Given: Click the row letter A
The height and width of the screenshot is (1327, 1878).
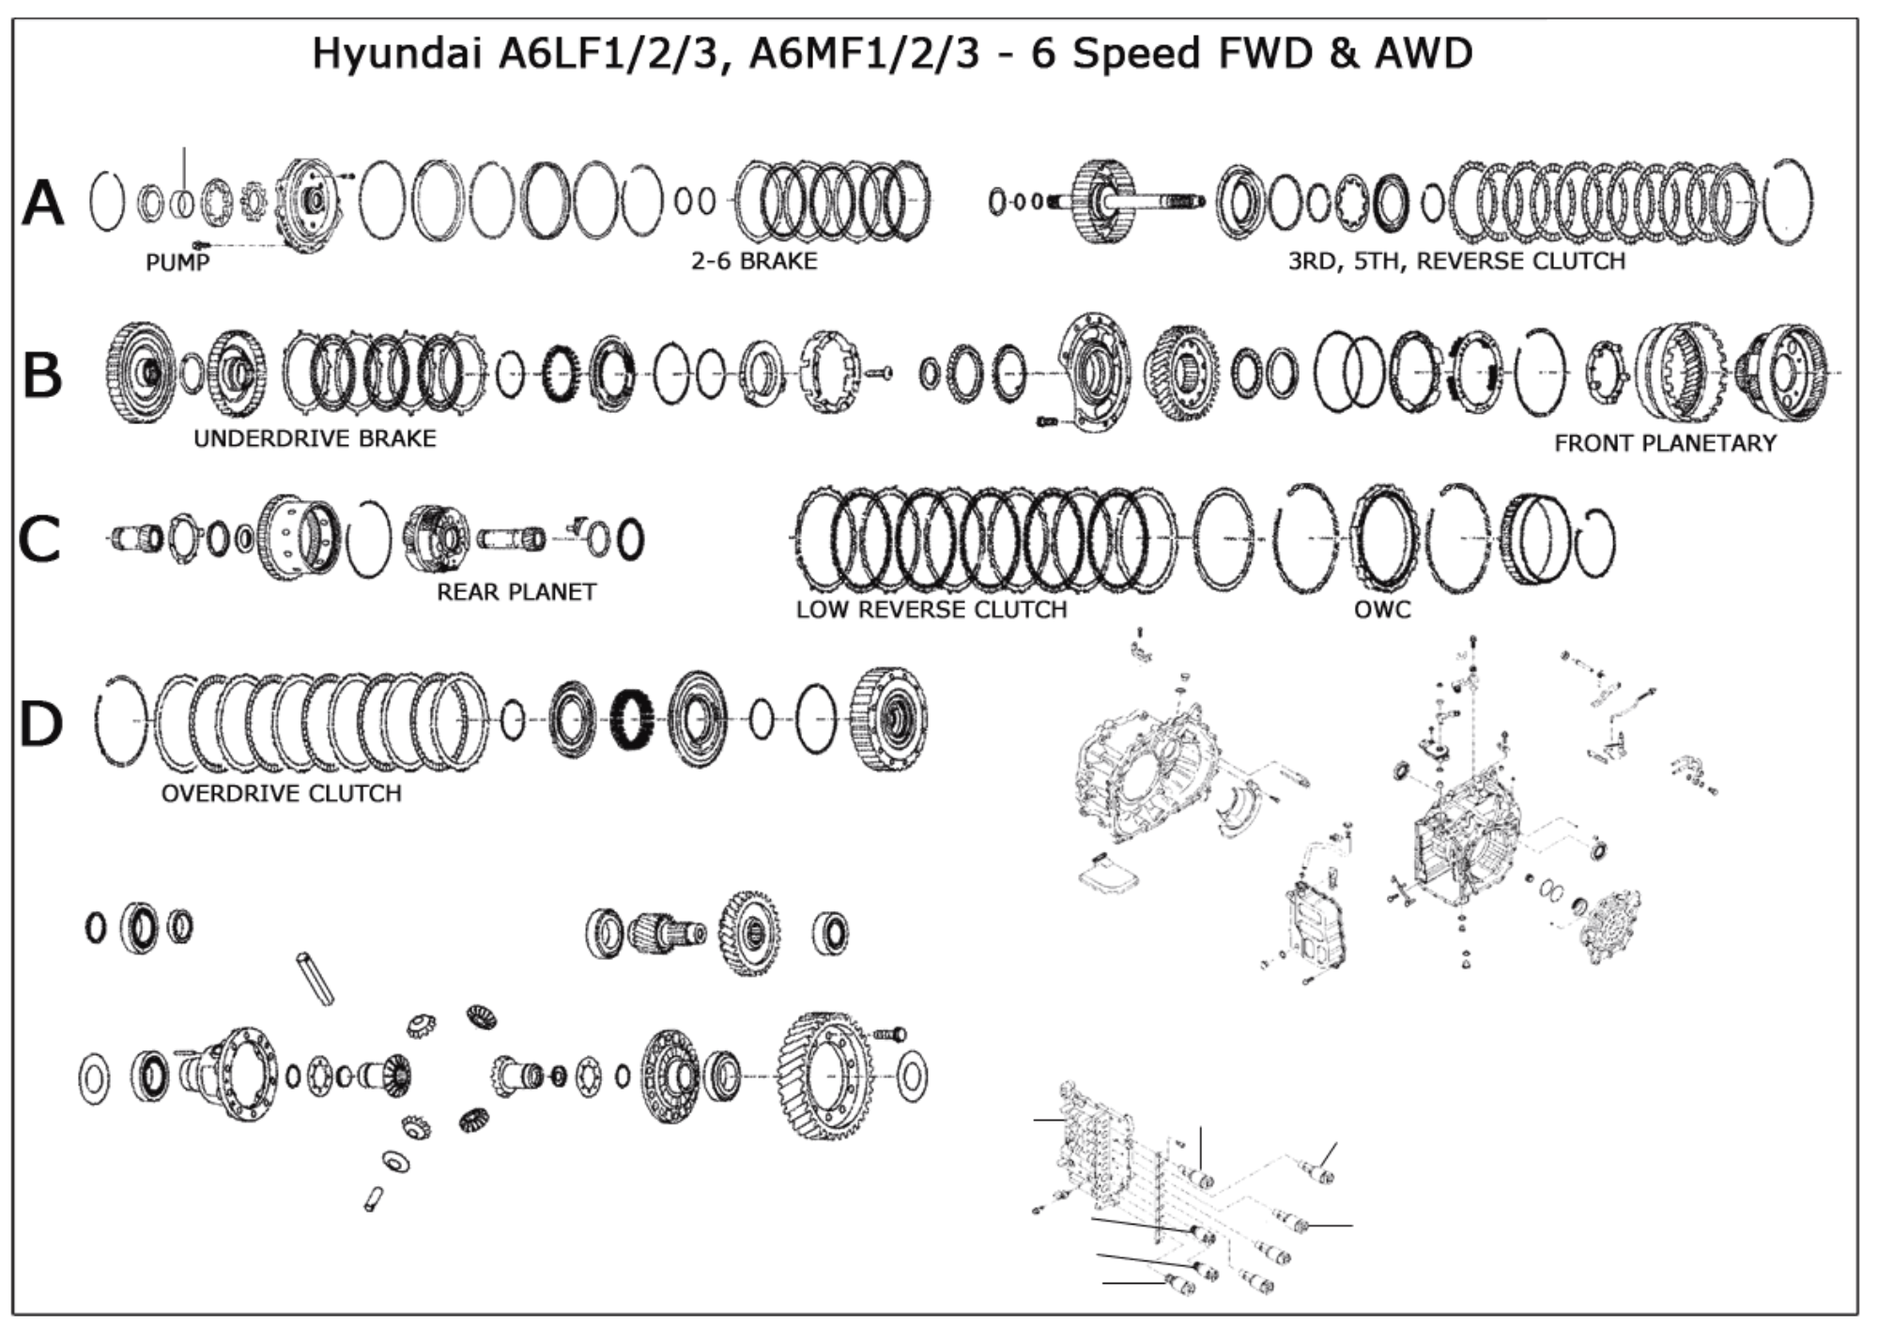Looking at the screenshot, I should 43,204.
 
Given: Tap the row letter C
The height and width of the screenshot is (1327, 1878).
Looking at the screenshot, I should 39,539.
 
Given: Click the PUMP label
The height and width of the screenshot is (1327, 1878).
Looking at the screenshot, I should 177,262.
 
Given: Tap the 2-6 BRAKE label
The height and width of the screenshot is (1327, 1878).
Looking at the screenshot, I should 754,261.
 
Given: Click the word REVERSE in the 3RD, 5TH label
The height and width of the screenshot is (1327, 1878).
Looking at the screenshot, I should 1473,261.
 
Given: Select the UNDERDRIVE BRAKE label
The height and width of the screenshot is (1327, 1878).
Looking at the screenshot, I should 315,438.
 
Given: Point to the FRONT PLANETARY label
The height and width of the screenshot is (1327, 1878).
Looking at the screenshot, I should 1665,443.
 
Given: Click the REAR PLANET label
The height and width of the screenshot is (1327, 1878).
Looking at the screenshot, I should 516,592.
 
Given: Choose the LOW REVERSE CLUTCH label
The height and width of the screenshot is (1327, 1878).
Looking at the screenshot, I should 931,610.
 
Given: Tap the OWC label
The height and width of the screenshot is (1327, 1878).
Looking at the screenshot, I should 1382,610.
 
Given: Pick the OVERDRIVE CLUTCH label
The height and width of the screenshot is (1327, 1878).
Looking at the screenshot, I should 281,794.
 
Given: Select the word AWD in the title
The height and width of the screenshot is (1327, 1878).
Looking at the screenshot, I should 1424,53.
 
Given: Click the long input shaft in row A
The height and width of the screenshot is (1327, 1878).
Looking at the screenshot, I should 1160,201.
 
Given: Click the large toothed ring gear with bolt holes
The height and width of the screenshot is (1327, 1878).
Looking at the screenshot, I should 826,1075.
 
